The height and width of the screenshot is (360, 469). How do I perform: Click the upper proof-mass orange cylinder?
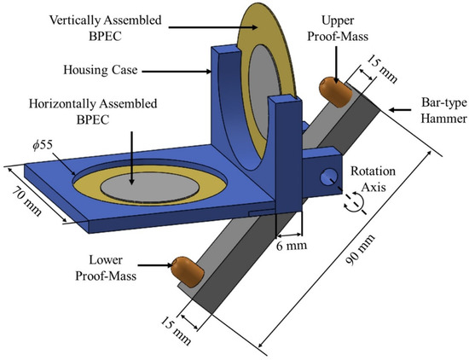tap(335, 92)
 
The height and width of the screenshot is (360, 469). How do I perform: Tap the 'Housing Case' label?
tap(101, 70)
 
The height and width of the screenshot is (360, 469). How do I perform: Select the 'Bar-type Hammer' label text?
tap(444, 110)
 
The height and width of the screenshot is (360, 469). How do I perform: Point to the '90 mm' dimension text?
tap(360, 249)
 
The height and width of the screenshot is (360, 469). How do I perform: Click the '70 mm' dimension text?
tap(27, 202)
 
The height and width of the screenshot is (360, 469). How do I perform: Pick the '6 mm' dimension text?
tap(292, 246)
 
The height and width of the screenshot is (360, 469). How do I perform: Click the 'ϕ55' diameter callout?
tap(43, 145)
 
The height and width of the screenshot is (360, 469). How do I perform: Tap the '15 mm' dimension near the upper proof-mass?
tap(382, 69)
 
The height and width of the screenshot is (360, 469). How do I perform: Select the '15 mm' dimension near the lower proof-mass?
tap(176, 331)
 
